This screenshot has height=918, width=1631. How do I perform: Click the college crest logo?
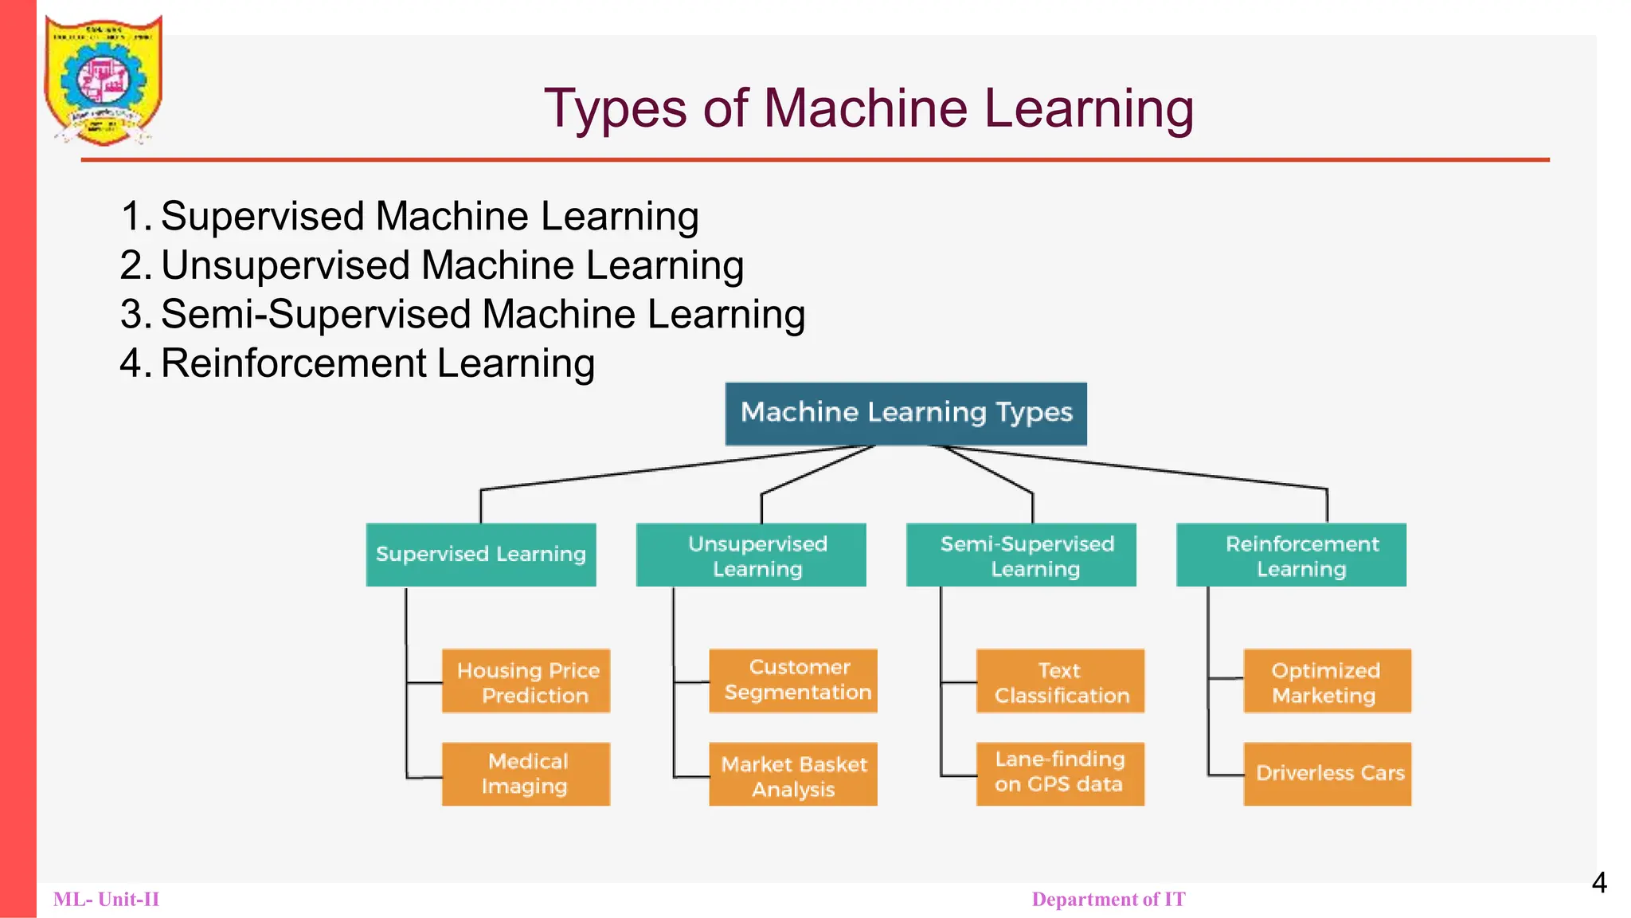104,80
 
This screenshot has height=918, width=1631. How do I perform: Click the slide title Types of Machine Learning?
868,108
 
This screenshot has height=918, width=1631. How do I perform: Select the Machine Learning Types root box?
905,414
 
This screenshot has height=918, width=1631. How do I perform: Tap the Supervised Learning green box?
481,555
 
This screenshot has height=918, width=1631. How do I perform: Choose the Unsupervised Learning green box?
751,555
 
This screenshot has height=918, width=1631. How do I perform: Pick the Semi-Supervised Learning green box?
1021,555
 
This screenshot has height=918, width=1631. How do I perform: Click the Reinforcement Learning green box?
1291,555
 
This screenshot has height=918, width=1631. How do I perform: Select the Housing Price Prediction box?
526,681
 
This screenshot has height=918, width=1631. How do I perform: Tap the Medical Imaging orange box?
526,774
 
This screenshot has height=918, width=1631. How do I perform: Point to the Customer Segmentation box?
793,681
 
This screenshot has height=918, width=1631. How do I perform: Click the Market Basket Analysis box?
793,775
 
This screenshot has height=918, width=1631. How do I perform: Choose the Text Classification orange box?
1060,681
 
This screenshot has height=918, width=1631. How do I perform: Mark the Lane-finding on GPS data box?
1060,774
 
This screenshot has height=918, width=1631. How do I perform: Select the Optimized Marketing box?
1327,681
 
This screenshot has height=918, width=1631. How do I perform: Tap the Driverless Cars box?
1327,774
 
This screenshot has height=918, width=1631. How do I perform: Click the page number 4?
1599,883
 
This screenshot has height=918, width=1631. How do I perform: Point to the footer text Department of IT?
1109,900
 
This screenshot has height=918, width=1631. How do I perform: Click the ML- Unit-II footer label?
106,900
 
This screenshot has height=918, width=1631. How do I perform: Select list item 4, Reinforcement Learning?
377,364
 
